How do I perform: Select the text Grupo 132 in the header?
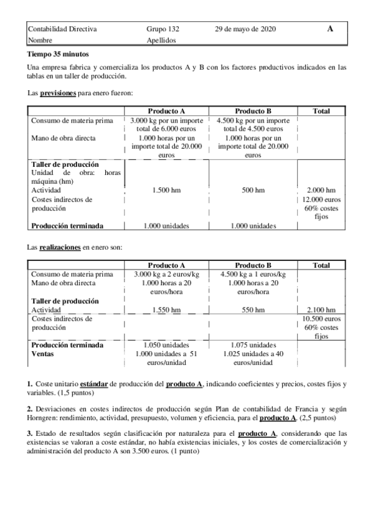pos(163,29)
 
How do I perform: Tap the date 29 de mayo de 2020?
pos(245,29)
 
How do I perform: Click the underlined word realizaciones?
pos(60,247)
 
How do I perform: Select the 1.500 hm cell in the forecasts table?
pos(166,190)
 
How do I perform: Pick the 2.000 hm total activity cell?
pos(321,190)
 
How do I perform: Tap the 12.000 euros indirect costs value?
pos(321,199)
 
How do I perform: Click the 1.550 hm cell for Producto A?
pos(166,309)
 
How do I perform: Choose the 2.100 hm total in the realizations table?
pos(321,309)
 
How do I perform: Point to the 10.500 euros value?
pos(321,318)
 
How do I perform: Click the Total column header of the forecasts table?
pos(321,111)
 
